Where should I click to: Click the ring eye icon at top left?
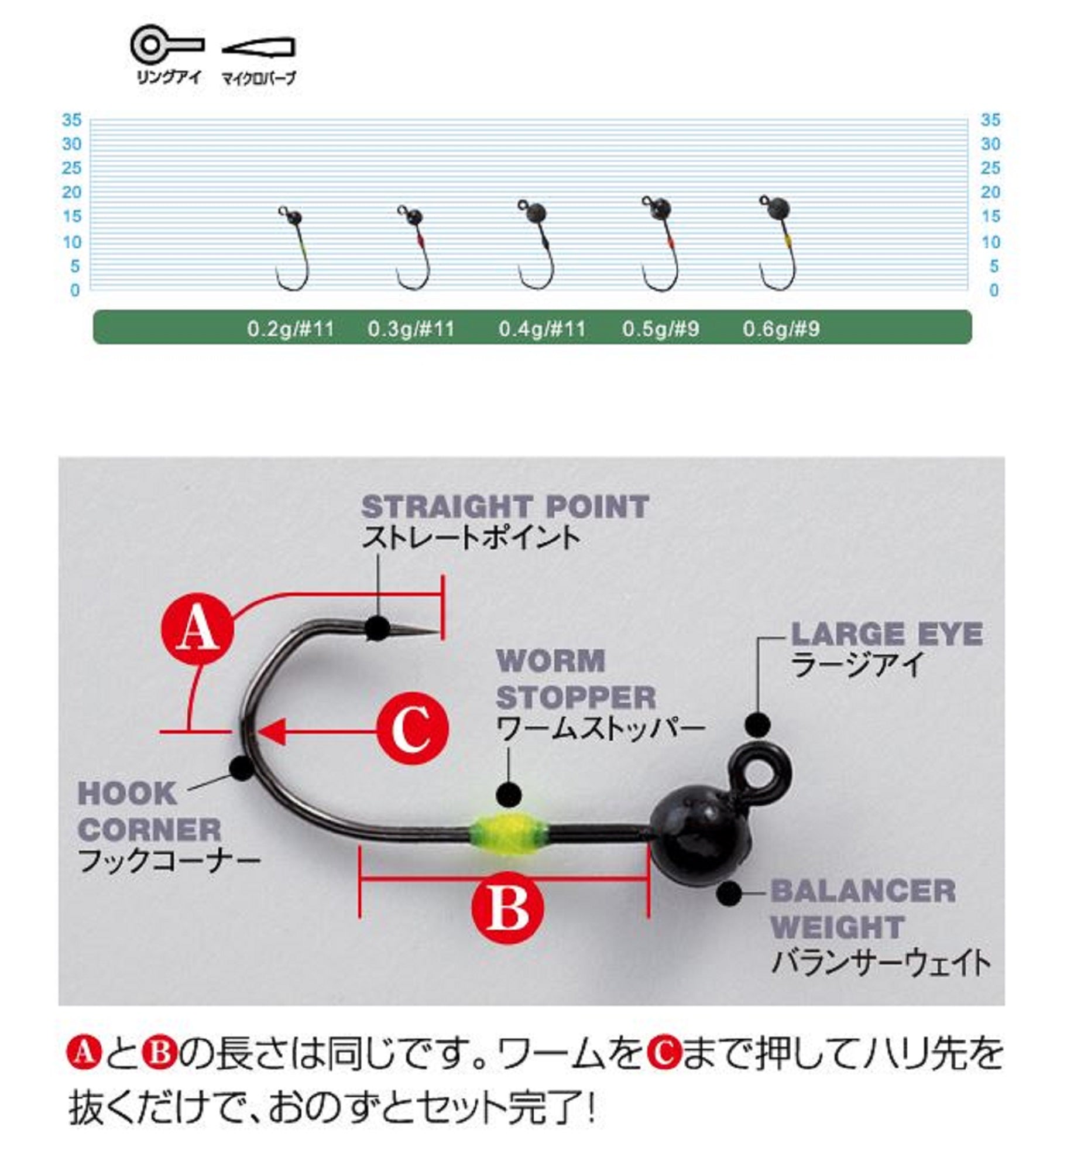tap(166, 46)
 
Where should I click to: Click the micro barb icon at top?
tap(259, 47)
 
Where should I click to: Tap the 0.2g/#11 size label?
tap(290, 328)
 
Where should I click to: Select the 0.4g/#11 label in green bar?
tap(542, 328)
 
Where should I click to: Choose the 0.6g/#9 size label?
tap(781, 328)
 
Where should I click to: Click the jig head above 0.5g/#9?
tap(660, 243)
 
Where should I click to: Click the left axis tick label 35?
tap(72, 120)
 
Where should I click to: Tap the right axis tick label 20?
tap(990, 192)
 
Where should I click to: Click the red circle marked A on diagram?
tap(197, 630)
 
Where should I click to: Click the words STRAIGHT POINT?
tap(505, 507)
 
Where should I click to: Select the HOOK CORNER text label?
tap(149, 812)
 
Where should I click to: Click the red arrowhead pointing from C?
tap(273, 731)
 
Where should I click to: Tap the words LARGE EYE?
tap(886, 634)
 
